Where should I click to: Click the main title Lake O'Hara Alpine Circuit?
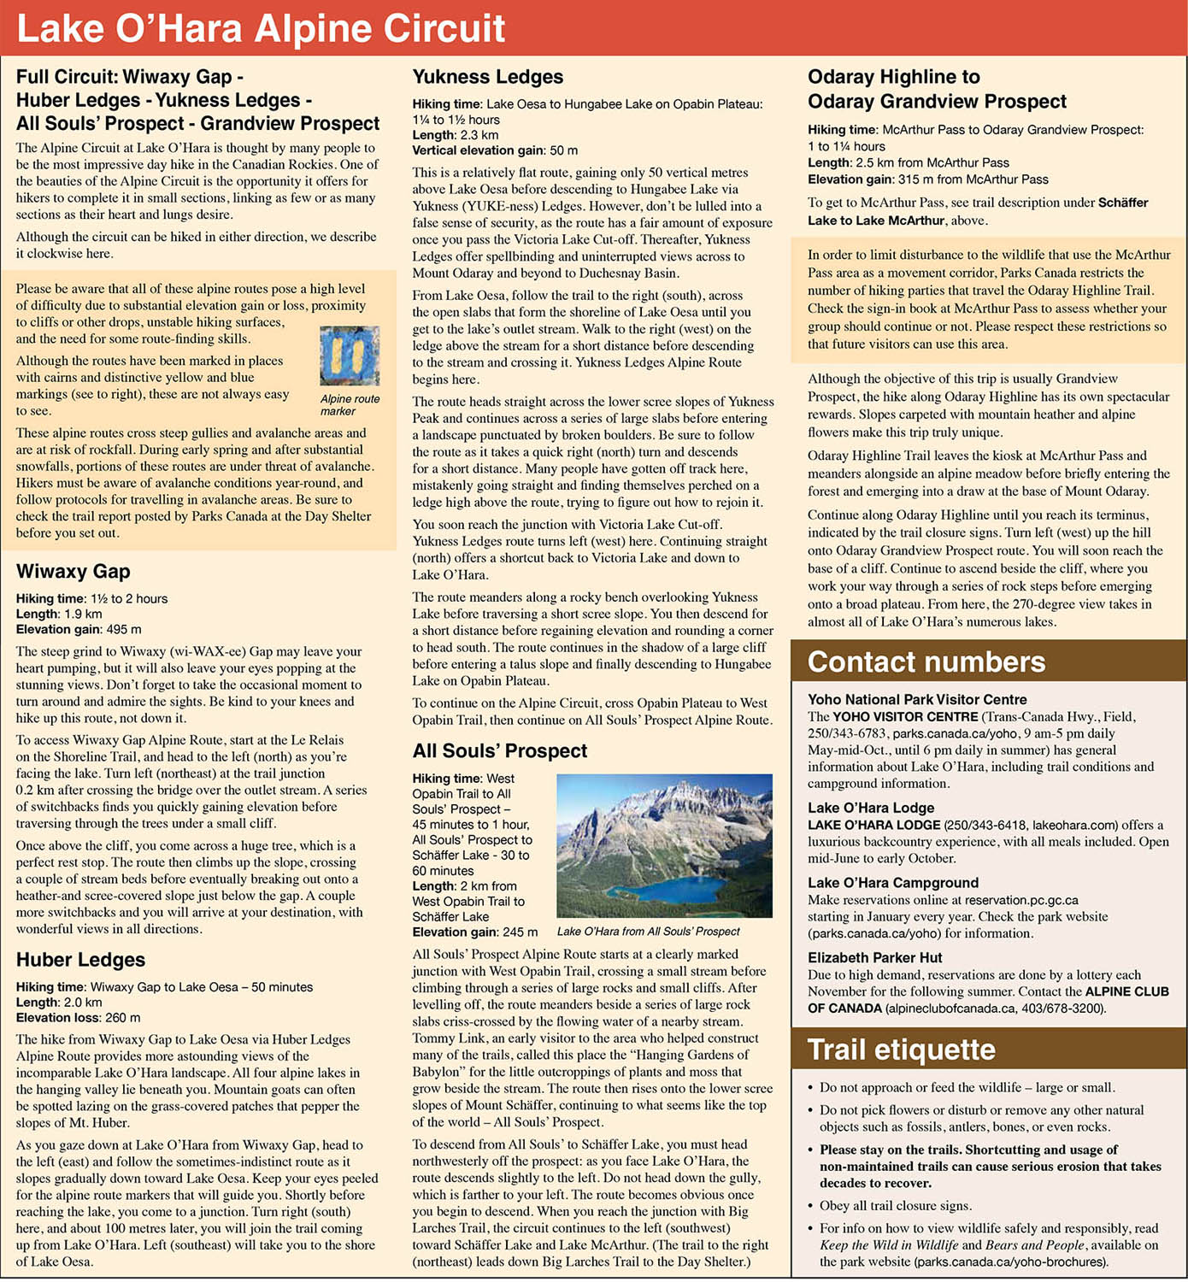(262, 28)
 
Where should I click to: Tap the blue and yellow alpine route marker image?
(350, 356)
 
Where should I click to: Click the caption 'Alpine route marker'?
(350, 404)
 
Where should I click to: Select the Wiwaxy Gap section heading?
(73, 572)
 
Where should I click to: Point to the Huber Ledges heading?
(80, 960)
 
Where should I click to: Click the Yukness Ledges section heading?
(487, 77)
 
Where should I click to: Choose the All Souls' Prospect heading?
(499, 751)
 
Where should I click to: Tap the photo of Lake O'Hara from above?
(664, 845)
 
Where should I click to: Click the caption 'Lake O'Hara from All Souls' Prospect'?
(648, 932)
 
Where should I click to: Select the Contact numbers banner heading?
(926, 662)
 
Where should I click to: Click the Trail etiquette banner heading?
(901, 1050)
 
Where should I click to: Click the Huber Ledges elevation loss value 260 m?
(122, 1018)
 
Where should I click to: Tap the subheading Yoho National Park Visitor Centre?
(917, 699)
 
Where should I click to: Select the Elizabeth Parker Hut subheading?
(874, 958)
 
